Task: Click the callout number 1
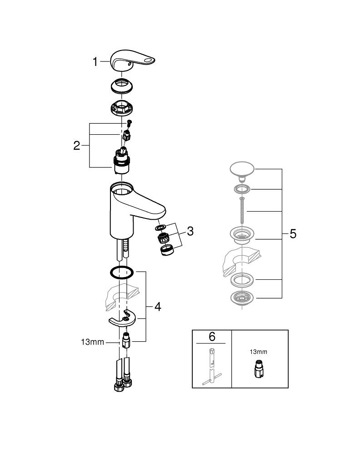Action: [x=95, y=62]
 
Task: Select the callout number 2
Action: [x=77, y=146]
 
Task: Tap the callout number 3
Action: [x=190, y=231]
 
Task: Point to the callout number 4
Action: [x=157, y=307]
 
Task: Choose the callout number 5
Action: [x=293, y=234]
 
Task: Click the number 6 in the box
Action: [x=212, y=337]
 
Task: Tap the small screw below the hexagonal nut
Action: [x=129, y=121]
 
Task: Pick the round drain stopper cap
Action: [x=245, y=170]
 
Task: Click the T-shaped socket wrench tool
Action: [x=212, y=366]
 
